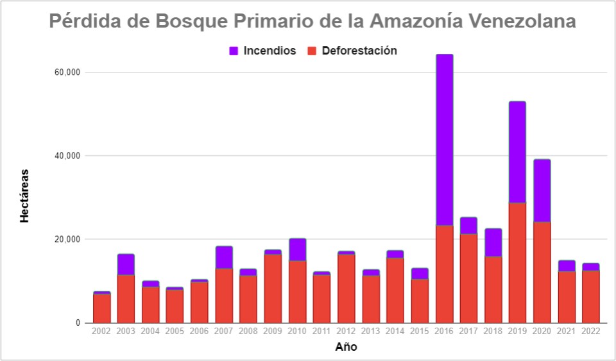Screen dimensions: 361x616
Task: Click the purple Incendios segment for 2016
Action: click(444, 140)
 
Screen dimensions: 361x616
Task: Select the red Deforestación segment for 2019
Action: click(517, 263)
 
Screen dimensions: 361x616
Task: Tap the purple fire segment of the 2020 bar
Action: click(542, 190)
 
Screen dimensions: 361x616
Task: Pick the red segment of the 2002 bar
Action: click(101, 308)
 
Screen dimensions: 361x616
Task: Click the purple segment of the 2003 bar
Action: click(126, 264)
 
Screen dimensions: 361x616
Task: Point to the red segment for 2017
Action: click(468, 278)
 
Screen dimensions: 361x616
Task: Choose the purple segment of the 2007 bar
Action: click(224, 257)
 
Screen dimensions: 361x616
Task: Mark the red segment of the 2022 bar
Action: click(590, 297)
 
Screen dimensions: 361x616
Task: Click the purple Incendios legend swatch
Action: click(234, 51)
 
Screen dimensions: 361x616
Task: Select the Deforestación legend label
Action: click(359, 51)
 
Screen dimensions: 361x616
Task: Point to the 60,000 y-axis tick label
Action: click(67, 72)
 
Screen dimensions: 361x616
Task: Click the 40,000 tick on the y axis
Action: click(67, 156)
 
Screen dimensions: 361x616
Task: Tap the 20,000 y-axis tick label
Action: click(67, 239)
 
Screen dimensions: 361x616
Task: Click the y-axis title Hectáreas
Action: click(24, 196)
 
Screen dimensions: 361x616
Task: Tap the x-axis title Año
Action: click(346, 348)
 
